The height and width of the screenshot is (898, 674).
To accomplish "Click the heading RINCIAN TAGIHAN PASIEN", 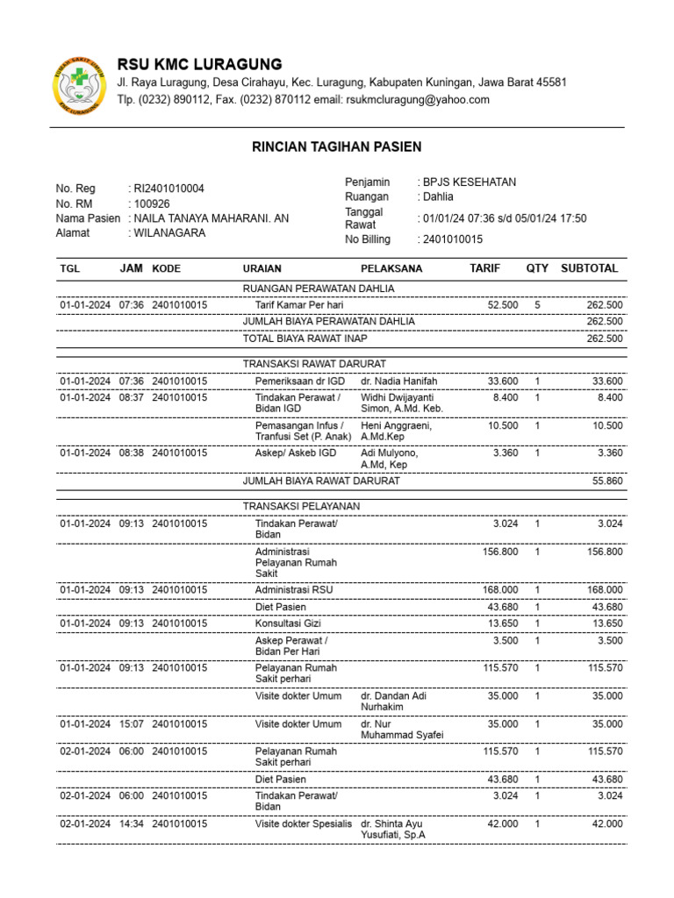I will (x=337, y=146).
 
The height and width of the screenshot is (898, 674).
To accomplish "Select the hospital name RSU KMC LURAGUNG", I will (x=199, y=64).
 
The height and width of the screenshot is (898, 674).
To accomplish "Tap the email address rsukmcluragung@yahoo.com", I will (x=416, y=100).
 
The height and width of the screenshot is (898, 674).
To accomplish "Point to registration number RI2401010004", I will (x=168, y=189).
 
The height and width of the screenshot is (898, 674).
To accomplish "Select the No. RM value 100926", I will (x=151, y=203).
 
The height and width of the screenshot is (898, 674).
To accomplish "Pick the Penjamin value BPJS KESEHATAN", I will (x=470, y=182).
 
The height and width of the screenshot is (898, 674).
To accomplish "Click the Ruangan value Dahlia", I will (x=438, y=197).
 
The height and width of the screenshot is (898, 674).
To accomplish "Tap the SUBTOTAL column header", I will (x=589, y=268).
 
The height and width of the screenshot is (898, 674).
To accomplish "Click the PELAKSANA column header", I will (x=391, y=268).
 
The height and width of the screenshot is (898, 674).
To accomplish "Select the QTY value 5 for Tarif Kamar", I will (x=537, y=304).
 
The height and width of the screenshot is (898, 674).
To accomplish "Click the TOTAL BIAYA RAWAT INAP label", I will (x=305, y=338).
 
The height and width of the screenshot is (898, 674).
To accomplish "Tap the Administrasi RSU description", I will (x=294, y=589).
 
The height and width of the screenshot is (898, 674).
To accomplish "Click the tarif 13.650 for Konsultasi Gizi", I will (x=500, y=623).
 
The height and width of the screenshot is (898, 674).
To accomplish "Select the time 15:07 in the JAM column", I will (x=131, y=724).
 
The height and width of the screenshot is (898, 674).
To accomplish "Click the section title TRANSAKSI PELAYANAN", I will (x=301, y=506).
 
